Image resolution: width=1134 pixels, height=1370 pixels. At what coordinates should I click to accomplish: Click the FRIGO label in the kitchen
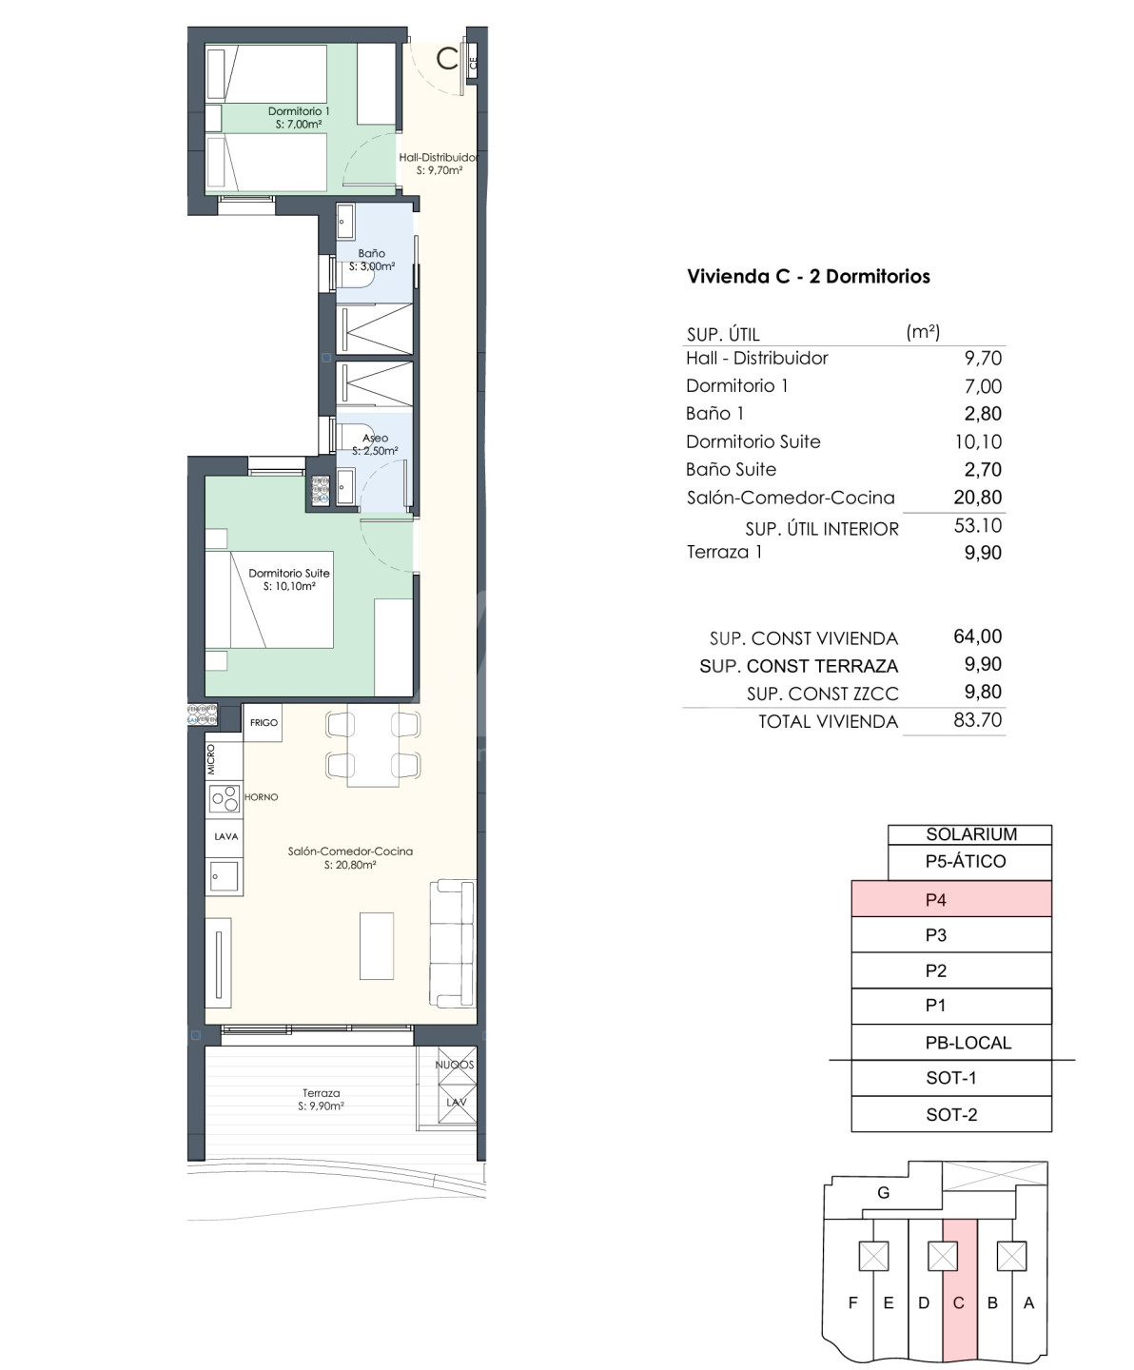click(x=264, y=722)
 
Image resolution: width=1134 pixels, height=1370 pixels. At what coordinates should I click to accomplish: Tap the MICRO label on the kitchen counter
click(x=210, y=759)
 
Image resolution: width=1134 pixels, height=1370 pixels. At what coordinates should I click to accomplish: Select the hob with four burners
click(x=224, y=799)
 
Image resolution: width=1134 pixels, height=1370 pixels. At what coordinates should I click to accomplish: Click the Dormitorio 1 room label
click(x=299, y=111)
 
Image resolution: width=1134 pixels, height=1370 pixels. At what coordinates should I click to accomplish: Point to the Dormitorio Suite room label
click(x=289, y=573)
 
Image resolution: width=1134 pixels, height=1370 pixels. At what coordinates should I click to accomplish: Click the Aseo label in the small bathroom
click(x=376, y=438)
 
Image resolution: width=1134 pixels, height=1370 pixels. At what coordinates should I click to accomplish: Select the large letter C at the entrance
click(x=447, y=60)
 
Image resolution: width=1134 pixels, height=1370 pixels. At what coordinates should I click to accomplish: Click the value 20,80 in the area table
click(x=978, y=498)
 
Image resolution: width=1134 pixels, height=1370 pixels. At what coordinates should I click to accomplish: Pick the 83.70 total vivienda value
click(x=978, y=720)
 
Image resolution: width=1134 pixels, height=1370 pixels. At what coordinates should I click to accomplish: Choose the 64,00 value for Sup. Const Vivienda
click(x=978, y=636)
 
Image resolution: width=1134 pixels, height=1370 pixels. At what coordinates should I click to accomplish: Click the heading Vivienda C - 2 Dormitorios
click(x=809, y=276)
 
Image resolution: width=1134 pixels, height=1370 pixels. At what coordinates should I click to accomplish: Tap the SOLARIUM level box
click(x=970, y=834)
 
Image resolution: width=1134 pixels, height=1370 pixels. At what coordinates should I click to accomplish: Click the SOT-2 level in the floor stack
click(x=951, y=1114)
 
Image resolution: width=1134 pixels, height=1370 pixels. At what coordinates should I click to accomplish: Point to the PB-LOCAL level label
click(x=968, y=1043)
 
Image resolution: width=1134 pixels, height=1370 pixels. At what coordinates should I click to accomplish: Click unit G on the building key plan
click(x=883, y=1193)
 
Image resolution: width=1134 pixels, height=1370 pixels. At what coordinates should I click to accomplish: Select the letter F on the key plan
click(x=852, y=1302)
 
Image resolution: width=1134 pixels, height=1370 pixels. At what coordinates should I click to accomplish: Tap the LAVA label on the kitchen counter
click(x=225, y=836)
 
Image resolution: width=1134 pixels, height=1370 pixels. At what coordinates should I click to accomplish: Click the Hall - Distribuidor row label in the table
click(x=756, y=359)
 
